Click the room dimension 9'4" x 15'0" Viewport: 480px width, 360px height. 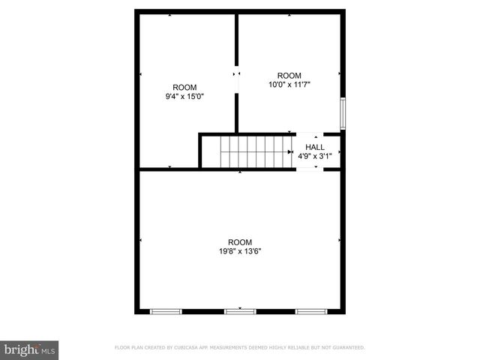click(x=184, y=96)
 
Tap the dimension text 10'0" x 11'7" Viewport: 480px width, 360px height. click(x=289, y=85)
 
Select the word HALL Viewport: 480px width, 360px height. click(x=315, y=147)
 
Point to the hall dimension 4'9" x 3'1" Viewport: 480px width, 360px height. click(x=315, y=157)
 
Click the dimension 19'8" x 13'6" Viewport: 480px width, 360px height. click(x=240, y=251)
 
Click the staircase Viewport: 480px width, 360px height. click(x=255, y=151)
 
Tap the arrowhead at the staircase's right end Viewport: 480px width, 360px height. click(x=290, y=151)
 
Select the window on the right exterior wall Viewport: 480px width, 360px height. click(x=342, y=112)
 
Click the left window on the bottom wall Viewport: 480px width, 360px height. click(x=166, y=310)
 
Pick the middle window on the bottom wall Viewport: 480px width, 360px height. click(x=240, y=310)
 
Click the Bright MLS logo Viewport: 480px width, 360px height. click(x=30, y=349)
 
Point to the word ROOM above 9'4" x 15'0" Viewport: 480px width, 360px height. click(x=184, y=87)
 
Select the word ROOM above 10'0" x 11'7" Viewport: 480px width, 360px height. click(x=289, y=75)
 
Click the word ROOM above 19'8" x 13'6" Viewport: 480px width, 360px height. click(x=240, y=241)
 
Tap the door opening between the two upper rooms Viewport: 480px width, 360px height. click(x=237, y=82)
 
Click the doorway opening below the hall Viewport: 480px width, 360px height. click(x=310, y=169)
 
